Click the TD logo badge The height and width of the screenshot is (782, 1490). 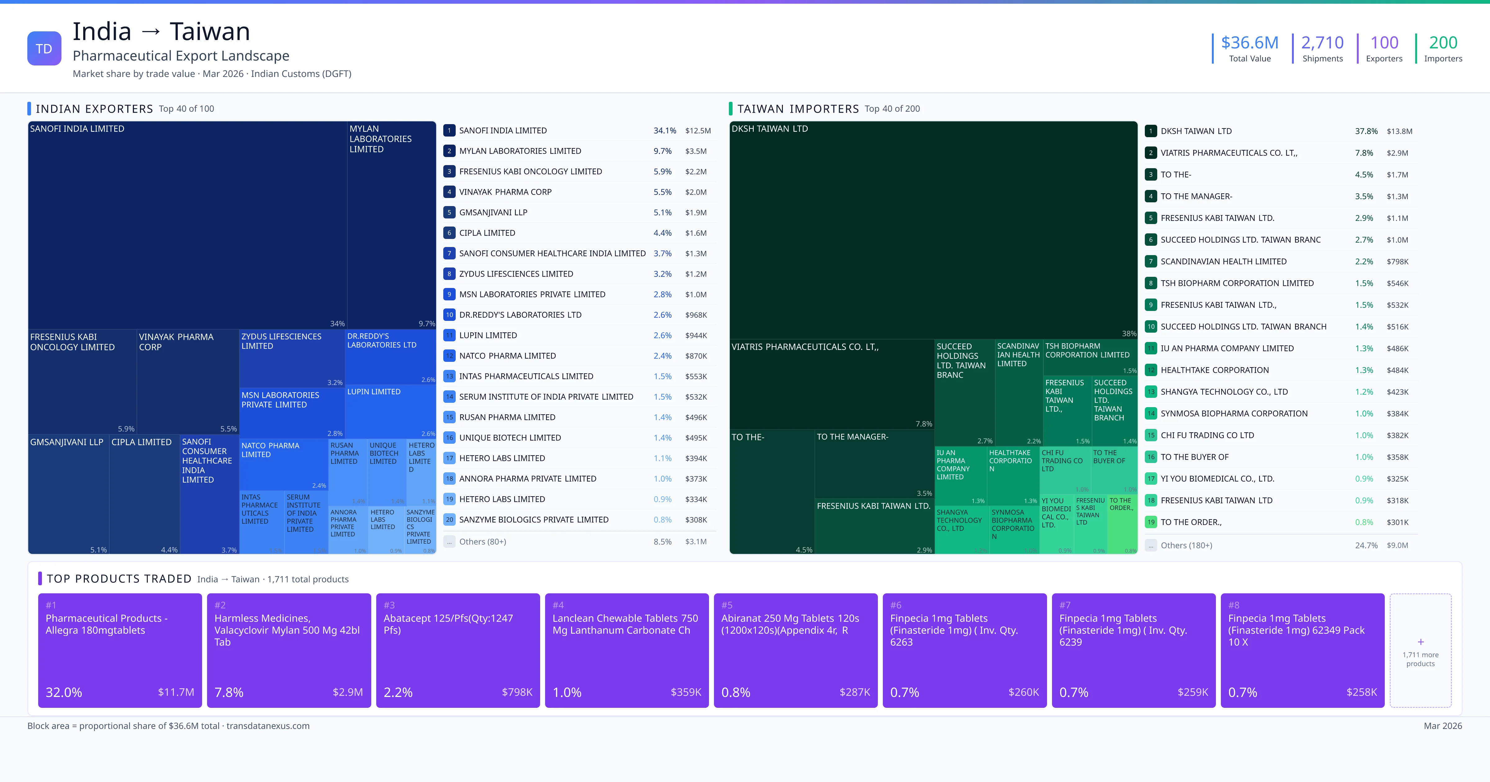pos(44,49)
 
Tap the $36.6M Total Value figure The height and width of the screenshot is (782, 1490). pos(1249,43)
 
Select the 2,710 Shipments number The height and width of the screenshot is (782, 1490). pos(1322,43)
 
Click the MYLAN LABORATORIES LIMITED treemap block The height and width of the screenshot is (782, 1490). pos(391,226)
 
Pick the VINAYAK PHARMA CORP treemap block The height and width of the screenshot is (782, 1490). pos(187,382)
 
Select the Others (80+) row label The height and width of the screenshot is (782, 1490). pos(482,542)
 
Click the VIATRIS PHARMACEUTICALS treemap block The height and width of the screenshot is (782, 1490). pos(831,384)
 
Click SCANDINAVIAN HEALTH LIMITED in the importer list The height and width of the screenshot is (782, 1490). pos(1223,261)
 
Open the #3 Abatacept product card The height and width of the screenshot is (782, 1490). pos(458,650)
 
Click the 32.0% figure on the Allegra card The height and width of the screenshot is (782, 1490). pos(64,692)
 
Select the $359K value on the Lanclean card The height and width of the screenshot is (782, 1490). pos(685,692)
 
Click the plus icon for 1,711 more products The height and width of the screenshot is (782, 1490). pos(1420,642)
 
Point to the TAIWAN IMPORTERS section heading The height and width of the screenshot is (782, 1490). pos(798,109)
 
